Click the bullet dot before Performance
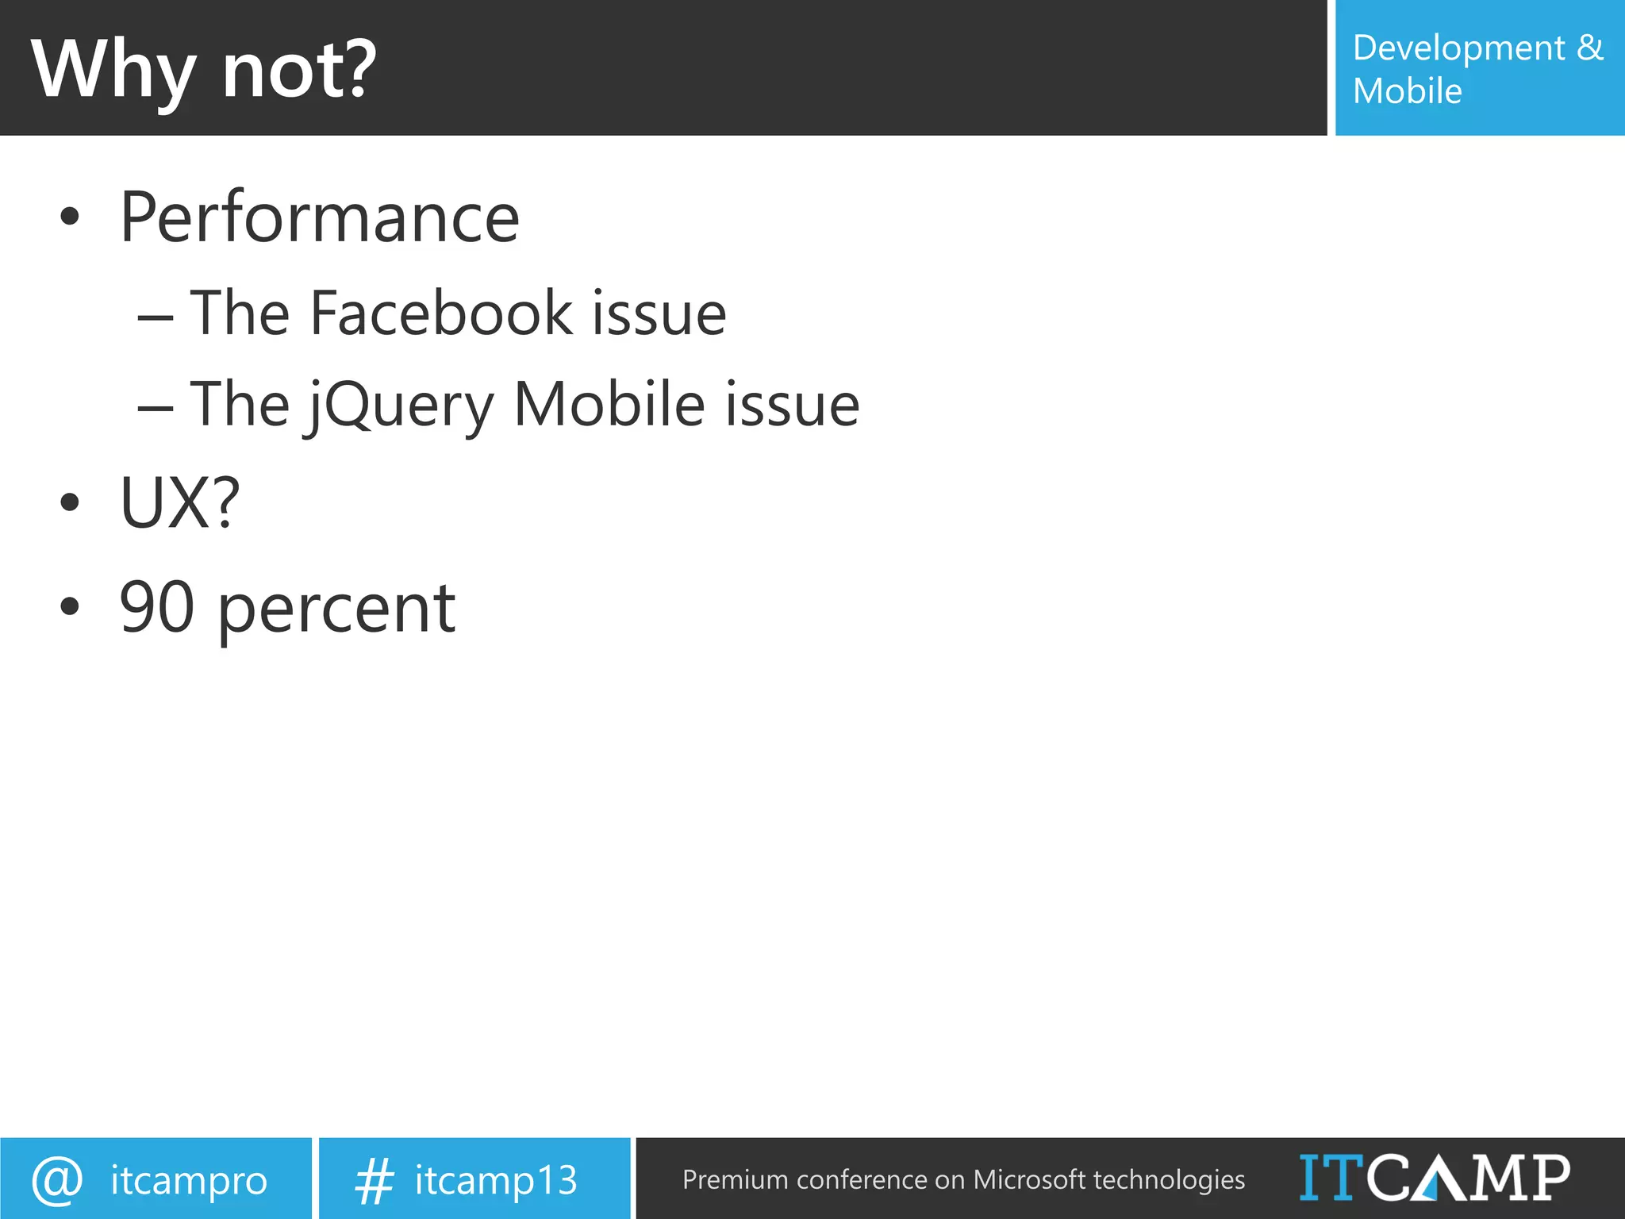70,217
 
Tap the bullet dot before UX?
70,502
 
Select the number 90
156,607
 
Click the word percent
336,609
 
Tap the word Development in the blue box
1458,49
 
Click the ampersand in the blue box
1589,48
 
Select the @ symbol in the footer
57,1180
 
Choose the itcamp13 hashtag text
496,1180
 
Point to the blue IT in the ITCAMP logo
1331,1178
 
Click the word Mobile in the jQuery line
609,405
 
